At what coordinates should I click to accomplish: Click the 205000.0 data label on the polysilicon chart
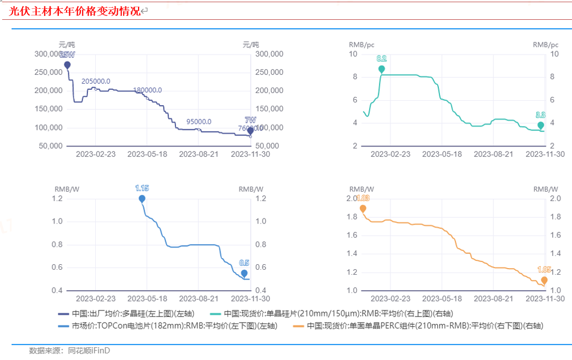pyautogui.click(x=96, y=81)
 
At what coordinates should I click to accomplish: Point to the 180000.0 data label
pyautogui.click(x=147, y=90)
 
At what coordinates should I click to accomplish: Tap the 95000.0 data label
pyautogui.click(x=199, y=122)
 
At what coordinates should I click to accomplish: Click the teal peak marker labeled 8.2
pyautogui.click(x=382, y=69)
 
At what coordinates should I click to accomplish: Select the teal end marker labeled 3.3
pyautogui.click(x=541, y=125)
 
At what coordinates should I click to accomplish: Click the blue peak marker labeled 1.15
pyautogui.click(x=142, y=198)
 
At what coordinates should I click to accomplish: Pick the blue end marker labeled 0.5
pyautogui.click(x=244, y=273)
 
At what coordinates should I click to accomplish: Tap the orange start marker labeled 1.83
pyautogui.click(x=362, y=208)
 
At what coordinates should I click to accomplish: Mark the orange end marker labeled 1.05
pyautogui.click(x=544, y=280)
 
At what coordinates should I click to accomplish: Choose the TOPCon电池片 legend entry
pyautogui.click(x=167, y=326)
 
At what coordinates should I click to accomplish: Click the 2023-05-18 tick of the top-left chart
pyautogui.click(x=147, y=154)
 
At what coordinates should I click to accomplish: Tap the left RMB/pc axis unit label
pyautogui.click(x=360, y=45)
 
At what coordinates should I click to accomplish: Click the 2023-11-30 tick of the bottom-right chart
pyautogui.click(x=545, y=299)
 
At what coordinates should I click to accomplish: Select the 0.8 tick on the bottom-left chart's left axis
pyautogui.click(x=57, y=244)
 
